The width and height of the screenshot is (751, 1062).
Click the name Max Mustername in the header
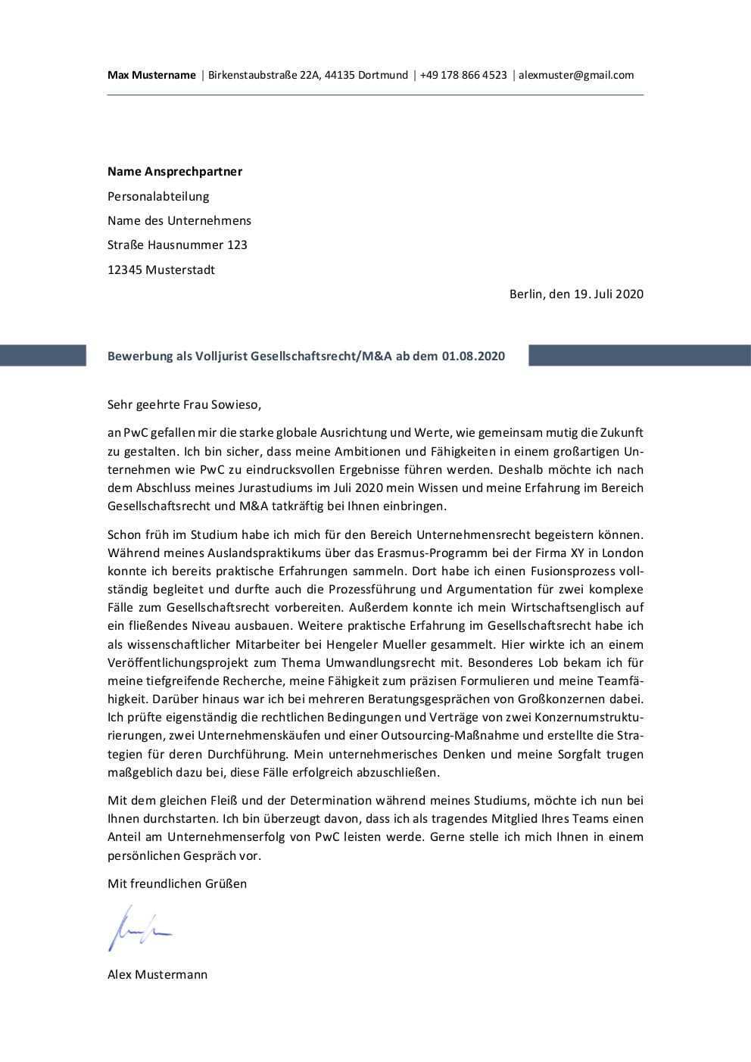(151, 75)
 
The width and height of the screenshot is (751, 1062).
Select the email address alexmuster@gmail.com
(576, 75)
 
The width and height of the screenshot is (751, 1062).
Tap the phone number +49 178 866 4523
(463, 75)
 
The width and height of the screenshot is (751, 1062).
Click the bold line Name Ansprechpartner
(175, 172)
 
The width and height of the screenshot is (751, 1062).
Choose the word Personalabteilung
(158, 197)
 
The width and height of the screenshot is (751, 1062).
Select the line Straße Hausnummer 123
(177, 245)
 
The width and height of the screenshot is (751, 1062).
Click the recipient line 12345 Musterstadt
(161, 269)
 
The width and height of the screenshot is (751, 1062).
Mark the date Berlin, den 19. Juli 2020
(576, 294)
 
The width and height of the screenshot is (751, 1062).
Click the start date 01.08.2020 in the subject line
(473, 356)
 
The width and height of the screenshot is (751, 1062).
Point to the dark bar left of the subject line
(43, 356)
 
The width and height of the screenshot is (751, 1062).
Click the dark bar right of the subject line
(639, 356)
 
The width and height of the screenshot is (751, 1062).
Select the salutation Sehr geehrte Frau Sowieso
(184, 404)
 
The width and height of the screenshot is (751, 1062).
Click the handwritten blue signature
(139, 928)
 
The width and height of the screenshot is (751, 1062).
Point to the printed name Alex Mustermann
(157, 975)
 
